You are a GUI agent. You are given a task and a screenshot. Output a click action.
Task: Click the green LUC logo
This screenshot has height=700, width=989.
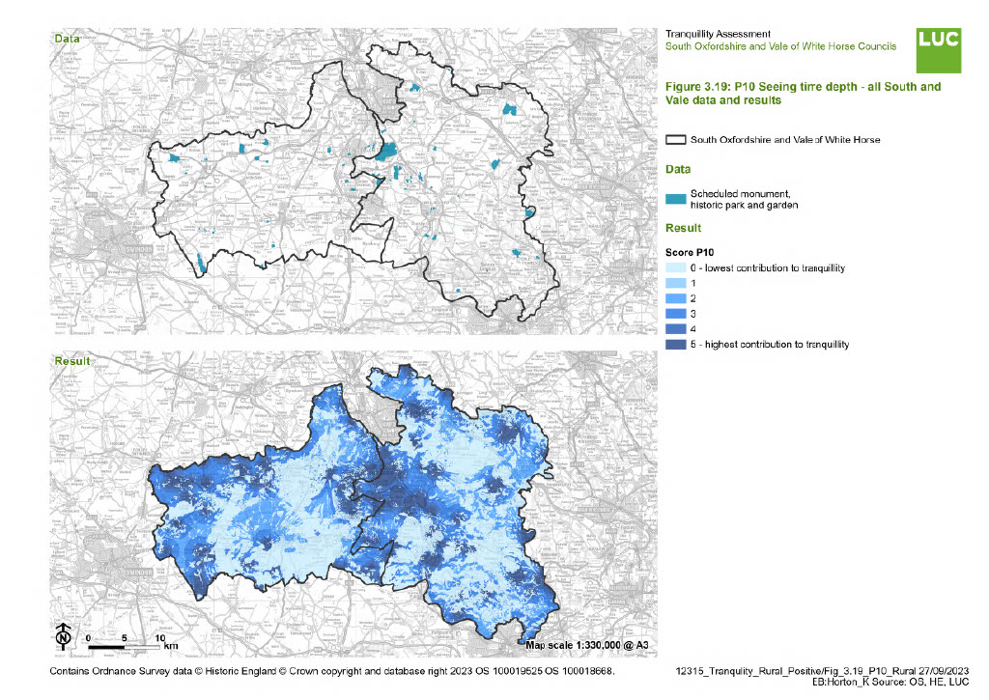pyautogui.click(x=938, y=49)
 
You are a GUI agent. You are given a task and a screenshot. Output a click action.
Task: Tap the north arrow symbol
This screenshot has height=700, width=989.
pyautogui.click(x=63, y=637)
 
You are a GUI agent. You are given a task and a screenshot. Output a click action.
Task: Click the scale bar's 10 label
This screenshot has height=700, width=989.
pyautogui.click(x=160, y=638)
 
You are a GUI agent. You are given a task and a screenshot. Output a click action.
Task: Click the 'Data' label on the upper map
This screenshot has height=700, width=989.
pyautogui.click(x=67, y=39)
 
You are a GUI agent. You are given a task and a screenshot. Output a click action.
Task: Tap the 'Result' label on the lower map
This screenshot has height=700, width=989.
pyautogui.click(x=71, y=361)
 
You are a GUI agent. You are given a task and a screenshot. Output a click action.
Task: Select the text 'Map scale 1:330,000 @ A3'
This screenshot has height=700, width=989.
pyautogui.click(x=585, y=644)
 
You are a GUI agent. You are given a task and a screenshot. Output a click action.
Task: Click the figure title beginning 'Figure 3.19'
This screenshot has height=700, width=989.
pyautogui.click(x=803, y=93)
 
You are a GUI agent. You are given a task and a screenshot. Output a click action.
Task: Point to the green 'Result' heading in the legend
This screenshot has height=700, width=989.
pyautogui.click(x=684, y=229)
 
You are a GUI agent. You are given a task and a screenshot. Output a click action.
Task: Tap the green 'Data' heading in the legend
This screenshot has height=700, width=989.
pyautogui.click(x=679, y=169)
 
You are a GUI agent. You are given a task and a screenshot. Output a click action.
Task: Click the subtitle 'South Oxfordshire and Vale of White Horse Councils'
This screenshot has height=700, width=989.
pyautogui.click(x=780, y=46)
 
